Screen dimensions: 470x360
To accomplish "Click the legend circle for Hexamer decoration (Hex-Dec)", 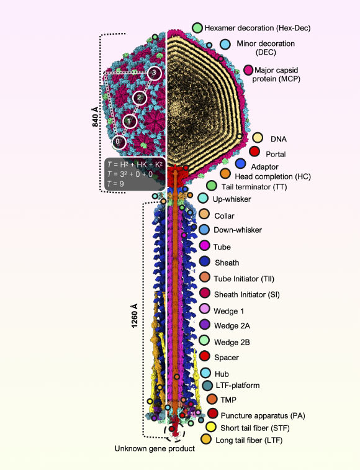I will coord(197,28).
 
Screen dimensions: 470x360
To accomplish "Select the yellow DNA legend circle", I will coord(257,138).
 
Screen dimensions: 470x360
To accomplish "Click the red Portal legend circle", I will coord(254,151).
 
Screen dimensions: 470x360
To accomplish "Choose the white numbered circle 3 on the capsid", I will coord(155,73).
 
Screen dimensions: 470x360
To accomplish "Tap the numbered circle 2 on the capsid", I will coord(141,97).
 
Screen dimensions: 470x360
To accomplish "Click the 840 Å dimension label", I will coord(95,116).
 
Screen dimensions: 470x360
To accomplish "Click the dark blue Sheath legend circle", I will coord(203,263).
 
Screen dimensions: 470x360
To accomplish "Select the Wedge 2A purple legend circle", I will coord(203,325).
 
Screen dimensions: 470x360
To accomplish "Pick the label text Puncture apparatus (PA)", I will coord(261,415).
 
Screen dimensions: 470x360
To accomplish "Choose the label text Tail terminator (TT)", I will coord(251,186).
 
